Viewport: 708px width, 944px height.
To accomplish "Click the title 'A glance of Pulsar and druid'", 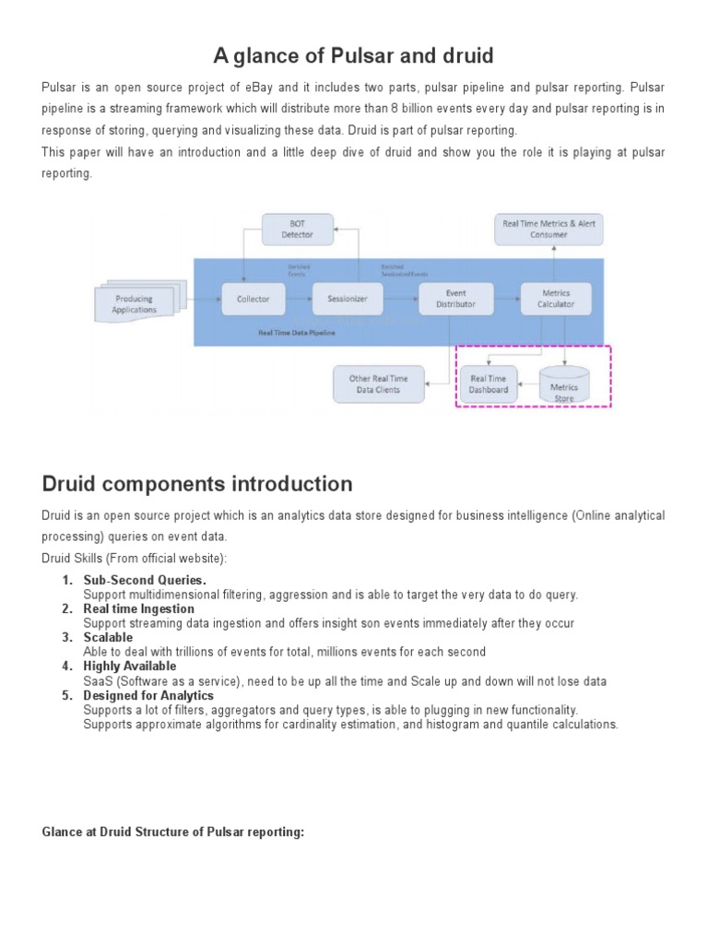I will point(354,56).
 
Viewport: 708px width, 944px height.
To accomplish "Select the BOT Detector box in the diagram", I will point(297,230).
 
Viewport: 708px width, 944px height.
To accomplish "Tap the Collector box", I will point(253,299).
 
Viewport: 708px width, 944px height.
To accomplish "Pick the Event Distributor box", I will point(455,299).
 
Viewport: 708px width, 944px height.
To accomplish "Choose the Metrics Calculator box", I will point(556,299).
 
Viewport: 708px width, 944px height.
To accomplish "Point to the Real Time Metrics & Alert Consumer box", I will point(549,229).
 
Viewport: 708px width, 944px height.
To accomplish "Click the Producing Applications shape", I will point(136,303).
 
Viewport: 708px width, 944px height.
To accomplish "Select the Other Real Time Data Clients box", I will point(379,383).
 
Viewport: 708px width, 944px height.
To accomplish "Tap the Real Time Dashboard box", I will point(489,383).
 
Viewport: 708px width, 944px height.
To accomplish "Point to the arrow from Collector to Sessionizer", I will point(298,299).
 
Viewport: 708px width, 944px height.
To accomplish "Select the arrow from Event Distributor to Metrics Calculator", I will point(505,299).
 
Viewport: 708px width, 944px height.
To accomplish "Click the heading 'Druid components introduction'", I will point(197,484).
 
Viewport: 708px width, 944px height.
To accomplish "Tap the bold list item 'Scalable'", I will point(108,637).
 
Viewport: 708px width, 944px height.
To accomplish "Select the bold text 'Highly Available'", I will point(130,666).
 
